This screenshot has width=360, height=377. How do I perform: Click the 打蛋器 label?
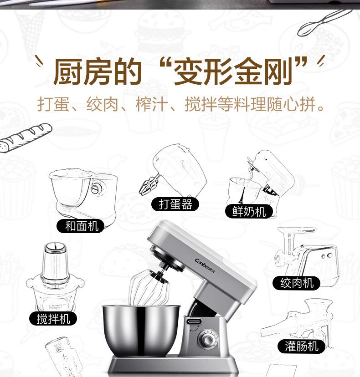point(175,204)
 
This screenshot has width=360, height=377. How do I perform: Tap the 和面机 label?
point(81,226)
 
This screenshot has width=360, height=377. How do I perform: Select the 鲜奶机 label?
point(249,212)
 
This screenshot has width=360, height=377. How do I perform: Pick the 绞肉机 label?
point(297,283)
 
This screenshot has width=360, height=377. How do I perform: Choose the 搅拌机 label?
point(53,319)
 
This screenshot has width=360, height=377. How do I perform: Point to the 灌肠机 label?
point(302,346)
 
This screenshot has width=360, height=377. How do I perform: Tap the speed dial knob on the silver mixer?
point(207,340)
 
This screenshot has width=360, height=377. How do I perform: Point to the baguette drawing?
point(25,138)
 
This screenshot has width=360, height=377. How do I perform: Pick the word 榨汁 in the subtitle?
point(152,104)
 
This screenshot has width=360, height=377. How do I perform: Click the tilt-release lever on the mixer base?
point(195,321)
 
